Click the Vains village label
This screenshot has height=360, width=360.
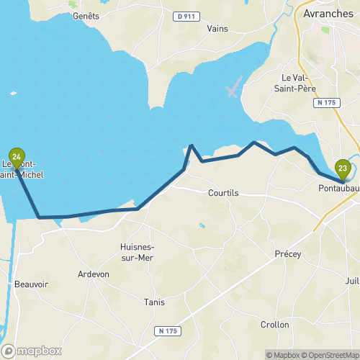217,28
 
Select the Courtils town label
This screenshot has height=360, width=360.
222,193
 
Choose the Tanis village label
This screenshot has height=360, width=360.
155,302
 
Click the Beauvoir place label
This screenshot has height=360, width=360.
31,284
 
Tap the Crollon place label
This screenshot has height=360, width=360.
274,325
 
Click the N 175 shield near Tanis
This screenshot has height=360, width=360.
166,330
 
